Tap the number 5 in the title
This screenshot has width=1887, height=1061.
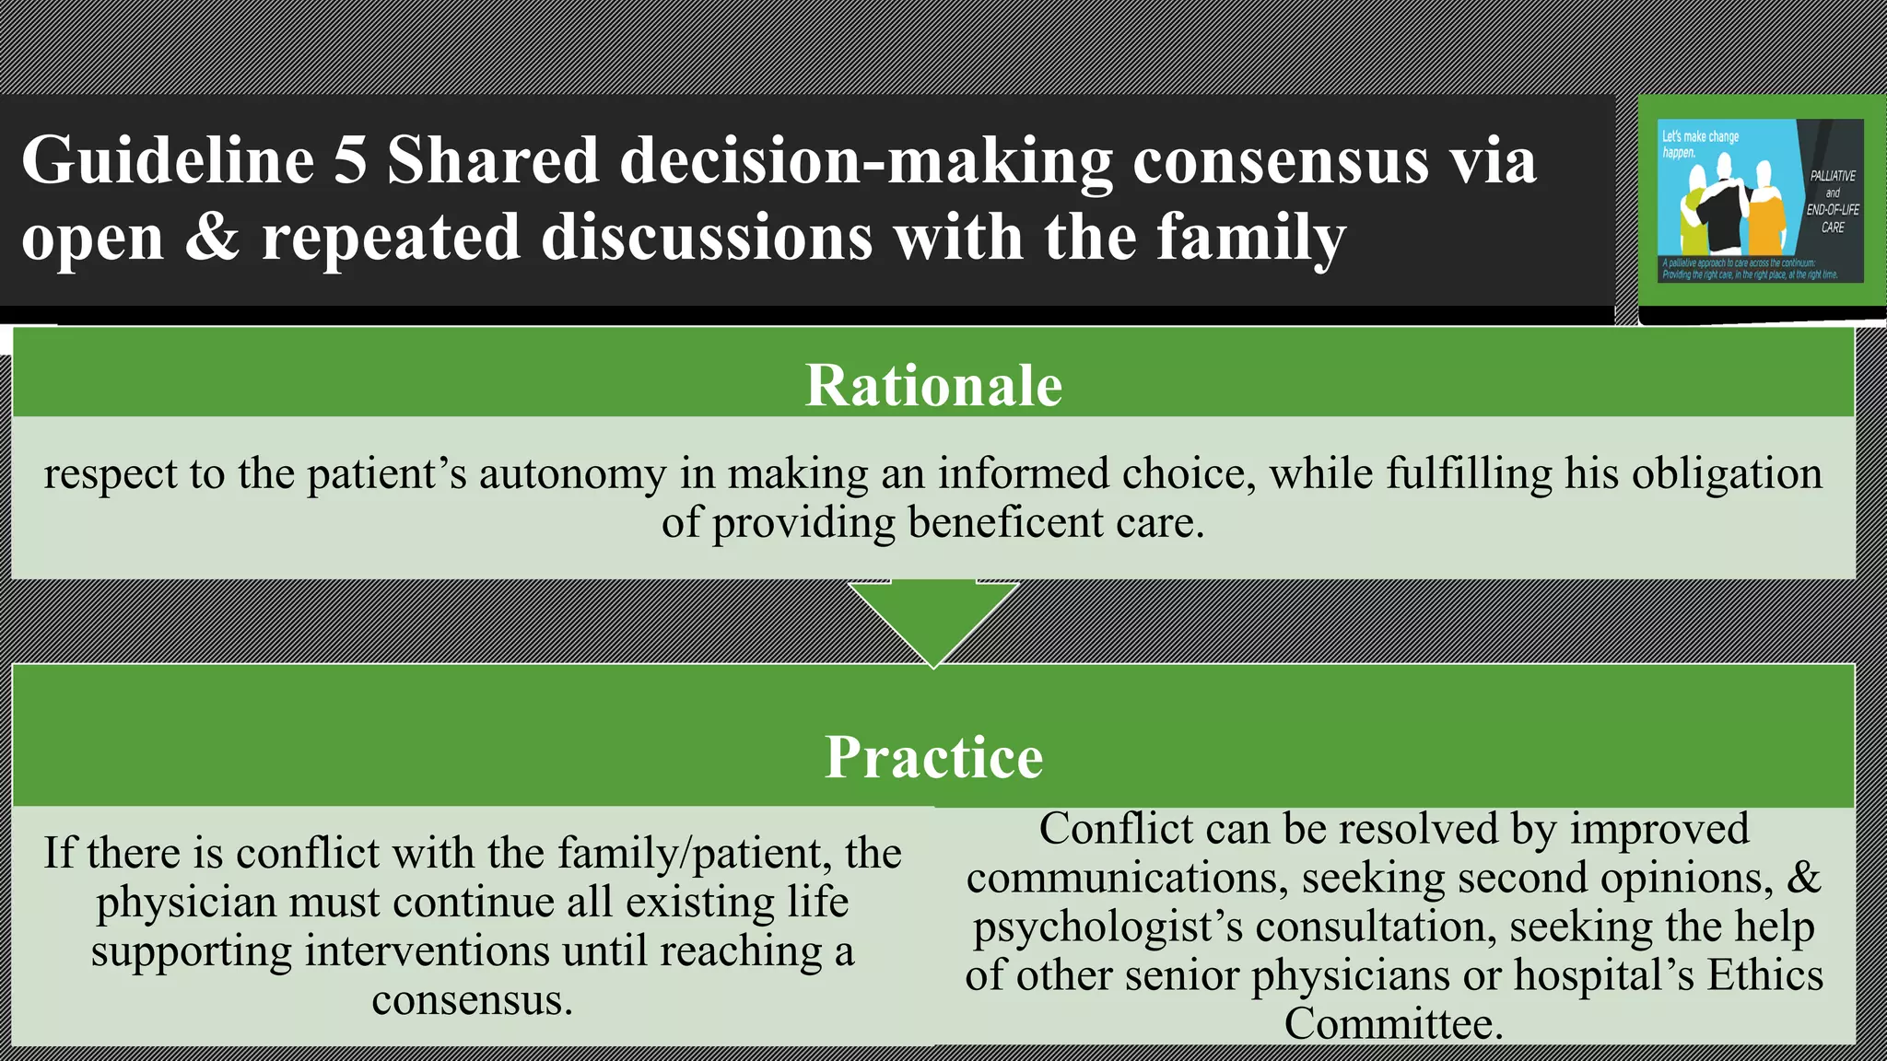[350, 161]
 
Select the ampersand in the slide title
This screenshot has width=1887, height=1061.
[212, 238]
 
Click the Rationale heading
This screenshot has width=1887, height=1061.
[933, 385]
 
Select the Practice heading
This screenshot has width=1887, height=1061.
[933, 757]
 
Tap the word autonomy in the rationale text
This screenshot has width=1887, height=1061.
[571, 475]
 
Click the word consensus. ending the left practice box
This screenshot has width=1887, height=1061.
[472, 1000]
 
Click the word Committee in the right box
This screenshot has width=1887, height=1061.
[1393, 1024]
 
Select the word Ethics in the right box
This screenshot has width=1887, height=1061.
[1764, 975]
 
